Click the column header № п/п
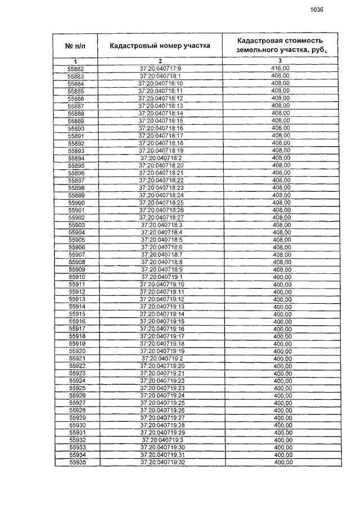pyautogui.click(x=76, y=45)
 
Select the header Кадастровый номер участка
pyautogui.click(x=160, y=46)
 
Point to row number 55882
pyautogui.click(x=75, y=69)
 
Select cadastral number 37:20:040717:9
pyautogui.click(x=160, y=69)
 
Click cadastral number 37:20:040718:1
pyautogui.click(x=160, y=76)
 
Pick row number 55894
pyautogui.click(x=76, y=159)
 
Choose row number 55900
pyautogui.click(x=76, y=202)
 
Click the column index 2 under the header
pyautogui.click(x=160, y=61)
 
